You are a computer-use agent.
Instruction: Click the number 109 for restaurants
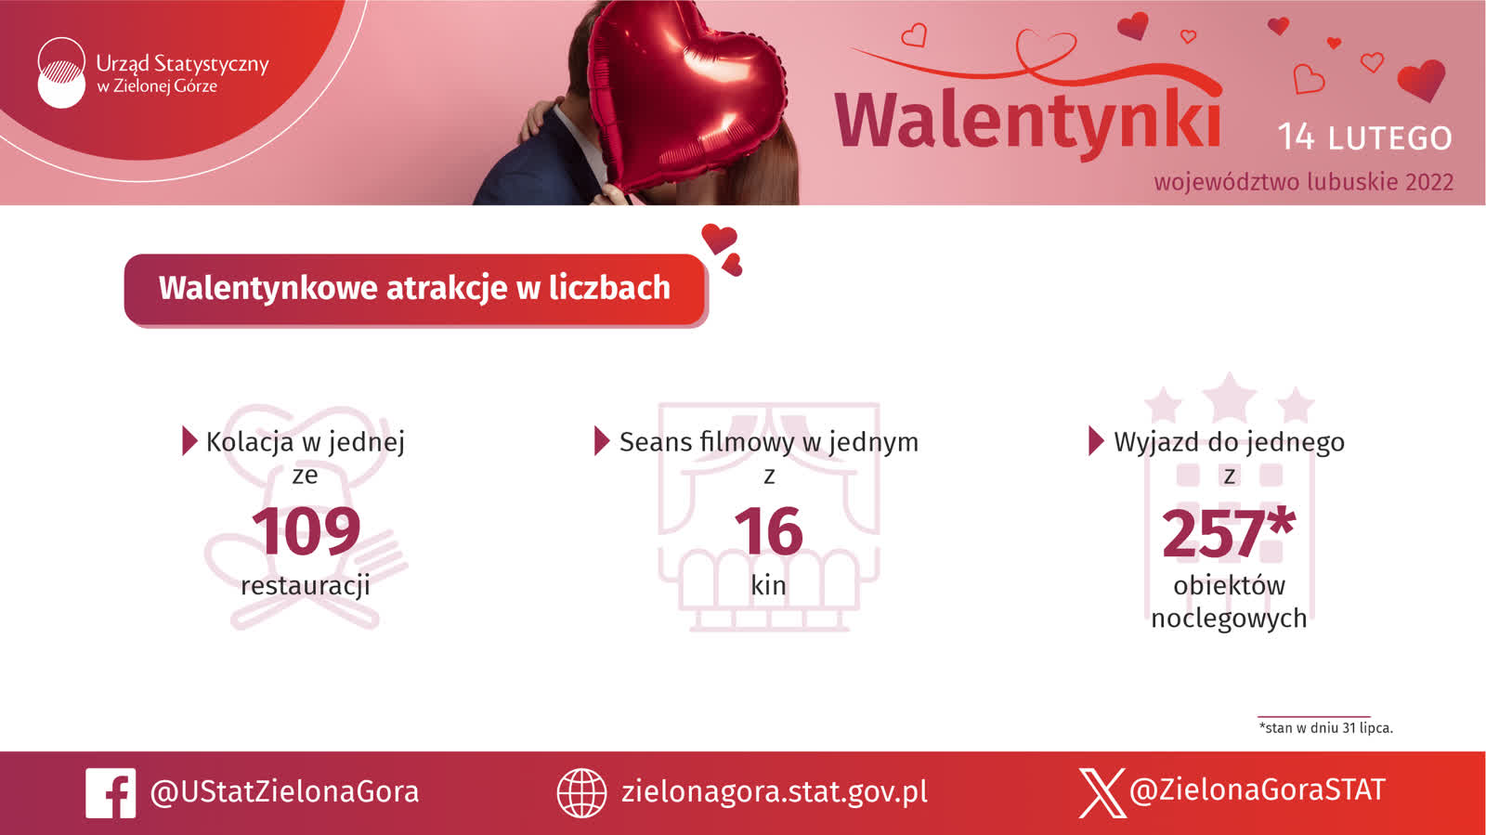click(x=306, y=531)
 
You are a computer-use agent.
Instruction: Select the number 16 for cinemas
click(x=768, y=531)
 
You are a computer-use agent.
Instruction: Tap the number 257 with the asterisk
click(x=1228, y=531)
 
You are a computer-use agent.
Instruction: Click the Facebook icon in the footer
click(x=111, y=793)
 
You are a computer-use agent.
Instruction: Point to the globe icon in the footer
click(x=581, y=793)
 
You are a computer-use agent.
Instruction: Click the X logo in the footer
click(x=1101, y=793)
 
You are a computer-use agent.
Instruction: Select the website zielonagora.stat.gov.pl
click(x=775, y=792)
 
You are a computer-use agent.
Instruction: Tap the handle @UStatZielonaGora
click(x=284, y=792)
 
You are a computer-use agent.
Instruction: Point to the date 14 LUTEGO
click(x=1364, y=137)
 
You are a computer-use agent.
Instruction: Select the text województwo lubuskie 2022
click(x=1304, y=182)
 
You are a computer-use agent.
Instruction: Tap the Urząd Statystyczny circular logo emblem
click(x=61, y=72)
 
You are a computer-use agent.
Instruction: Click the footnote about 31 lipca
click(x=1326, y=727)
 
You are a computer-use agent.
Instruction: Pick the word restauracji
click(x=306, y=586)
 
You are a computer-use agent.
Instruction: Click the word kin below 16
click(x=768, y=585)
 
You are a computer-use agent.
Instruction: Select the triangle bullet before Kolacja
click(x=189, y=440)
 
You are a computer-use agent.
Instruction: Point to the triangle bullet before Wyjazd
click(x=1096, y=440)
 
